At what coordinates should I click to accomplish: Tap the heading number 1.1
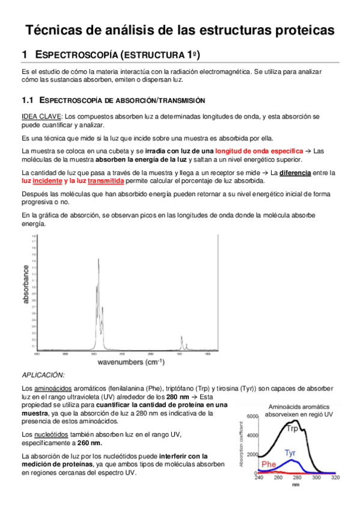(26, 100)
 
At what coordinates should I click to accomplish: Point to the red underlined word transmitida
(106, 180)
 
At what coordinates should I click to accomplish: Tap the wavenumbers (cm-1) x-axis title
(131, 363)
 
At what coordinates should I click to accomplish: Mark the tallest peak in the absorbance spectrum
(98, 259)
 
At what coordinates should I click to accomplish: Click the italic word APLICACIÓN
(43, 375)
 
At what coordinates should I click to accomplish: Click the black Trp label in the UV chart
(292, 428)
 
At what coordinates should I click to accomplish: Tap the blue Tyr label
(290, 451)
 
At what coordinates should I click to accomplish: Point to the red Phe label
(269, 464)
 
